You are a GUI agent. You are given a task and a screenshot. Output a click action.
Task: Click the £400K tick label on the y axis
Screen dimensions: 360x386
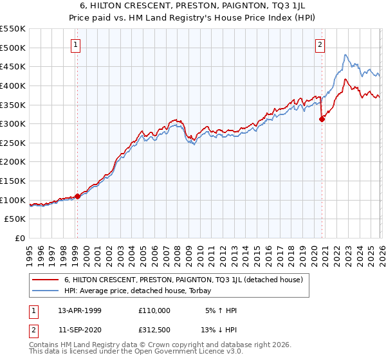point(13,85)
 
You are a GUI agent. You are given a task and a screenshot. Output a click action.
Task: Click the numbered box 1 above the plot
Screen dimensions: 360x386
point(76,45)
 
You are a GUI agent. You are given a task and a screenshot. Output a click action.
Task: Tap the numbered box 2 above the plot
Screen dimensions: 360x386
point(320,45)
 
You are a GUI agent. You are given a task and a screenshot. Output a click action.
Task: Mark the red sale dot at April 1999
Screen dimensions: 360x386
point(77,196)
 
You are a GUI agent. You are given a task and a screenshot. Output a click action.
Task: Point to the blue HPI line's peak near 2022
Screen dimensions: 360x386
point(345,55)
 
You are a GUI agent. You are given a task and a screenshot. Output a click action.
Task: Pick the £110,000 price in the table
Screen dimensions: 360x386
point(155,310)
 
